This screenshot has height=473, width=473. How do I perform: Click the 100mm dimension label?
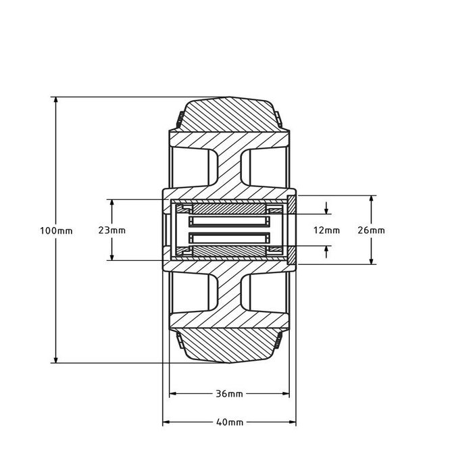click(55, 230)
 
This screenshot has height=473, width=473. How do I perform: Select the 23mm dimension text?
click(111, 230)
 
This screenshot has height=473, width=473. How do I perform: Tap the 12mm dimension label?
click(327, 230)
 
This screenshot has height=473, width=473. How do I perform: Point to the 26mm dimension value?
click(371, 230)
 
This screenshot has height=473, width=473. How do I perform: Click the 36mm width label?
click(230, 393)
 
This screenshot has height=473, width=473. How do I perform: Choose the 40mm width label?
click(230, 422)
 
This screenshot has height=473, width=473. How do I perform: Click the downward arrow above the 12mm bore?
click(327, 210)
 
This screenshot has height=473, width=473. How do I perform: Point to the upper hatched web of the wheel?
click(230, 166)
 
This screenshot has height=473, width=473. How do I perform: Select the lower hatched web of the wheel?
click(230, 294)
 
